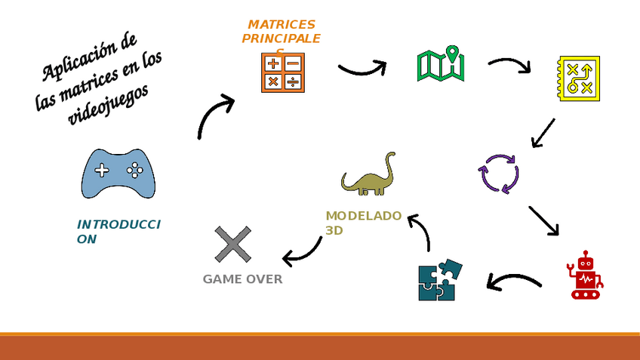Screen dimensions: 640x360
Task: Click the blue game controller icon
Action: click(x=118, y=174)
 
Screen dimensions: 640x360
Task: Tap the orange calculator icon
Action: click(x=283, y=72)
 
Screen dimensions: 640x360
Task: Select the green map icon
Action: click(x=440, y=65)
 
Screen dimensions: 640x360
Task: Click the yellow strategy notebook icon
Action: click(x=579, y=78)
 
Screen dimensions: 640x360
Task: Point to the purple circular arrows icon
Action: click(x=499, y=174)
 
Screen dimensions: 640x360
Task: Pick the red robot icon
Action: click(x=585, y=275)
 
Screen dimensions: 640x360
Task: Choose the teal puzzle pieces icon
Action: click(x=439, y=280)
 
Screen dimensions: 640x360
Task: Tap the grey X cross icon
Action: click(x=232, y=245)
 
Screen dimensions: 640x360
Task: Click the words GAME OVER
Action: click(x=242, y=279)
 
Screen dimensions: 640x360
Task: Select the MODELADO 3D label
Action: click(x=363, y=223)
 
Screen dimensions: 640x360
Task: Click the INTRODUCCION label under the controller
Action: click(x=118, y=232)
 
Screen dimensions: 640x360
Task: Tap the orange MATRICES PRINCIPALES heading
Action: click(x=281, y=32)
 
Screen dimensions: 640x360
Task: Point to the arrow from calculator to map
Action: click(x=363, y=69)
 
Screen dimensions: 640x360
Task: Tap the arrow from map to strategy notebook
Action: click(x=510, y=64)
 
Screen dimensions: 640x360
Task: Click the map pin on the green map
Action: click(x=452, y=54)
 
